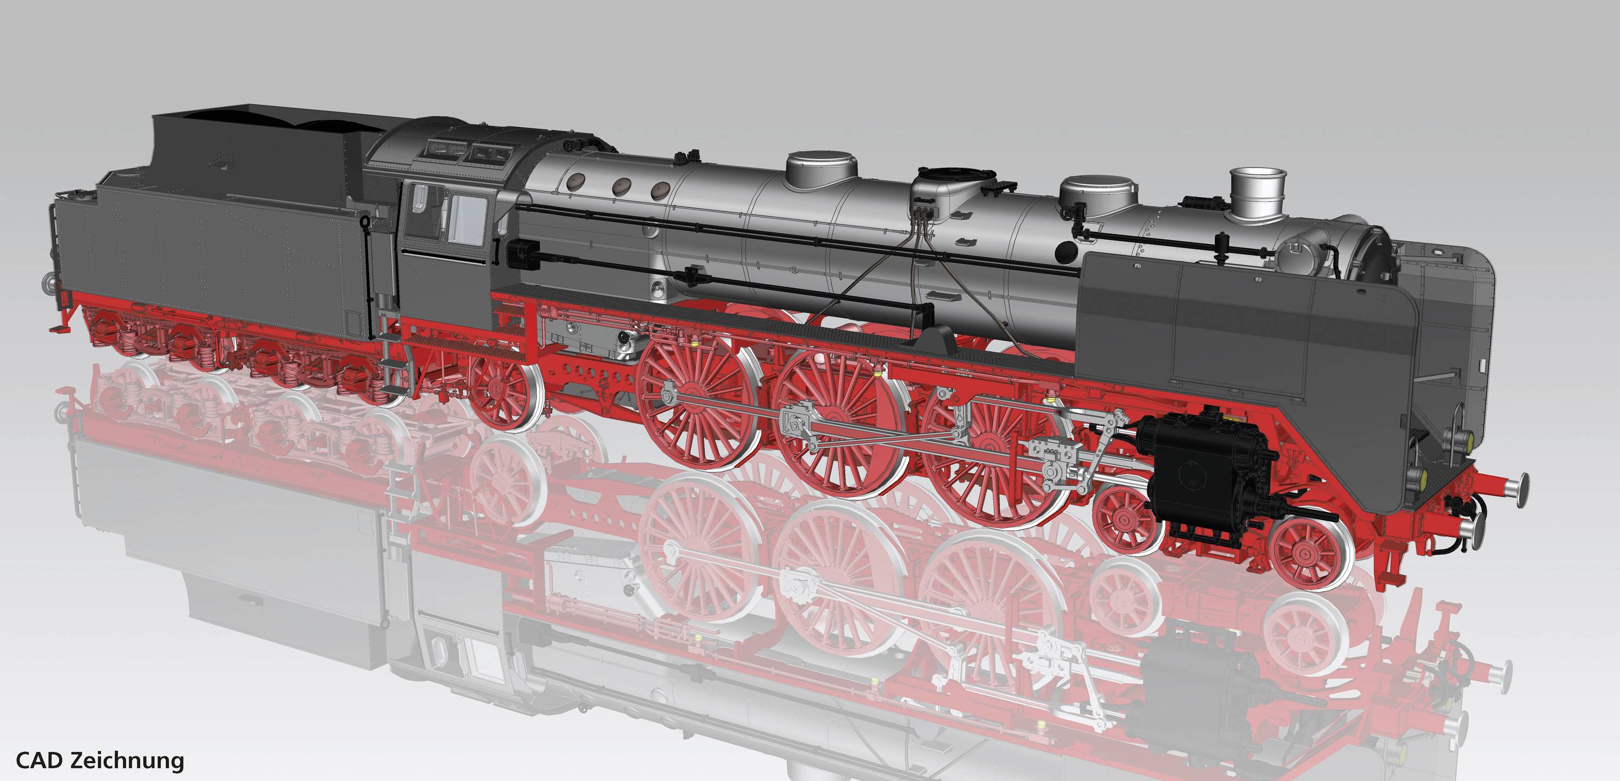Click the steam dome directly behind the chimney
coord(1097,191)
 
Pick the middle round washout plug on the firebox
coord(622,186)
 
